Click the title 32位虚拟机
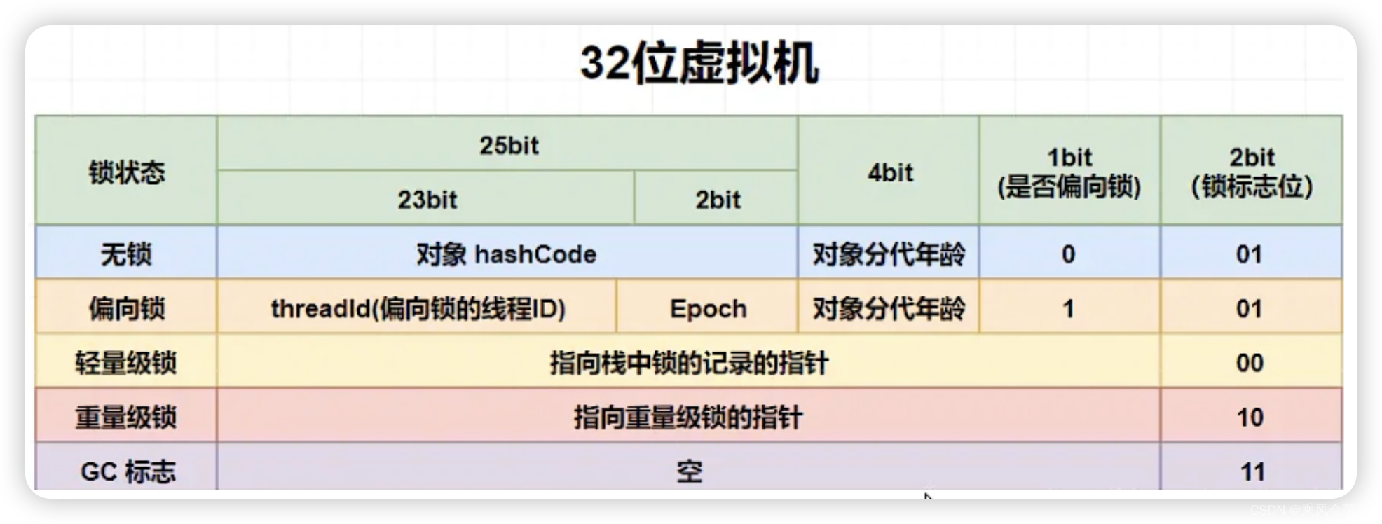click(699, 64)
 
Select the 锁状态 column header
click(126, 172)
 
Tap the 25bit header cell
click(509, 146)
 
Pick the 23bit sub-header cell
click(427, 200)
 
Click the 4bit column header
click(889, 172)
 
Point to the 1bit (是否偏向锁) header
click(1069, 172)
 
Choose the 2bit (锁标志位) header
click(1252, 172)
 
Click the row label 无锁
click(126, 254)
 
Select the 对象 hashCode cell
click(506, 254)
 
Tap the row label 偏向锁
click(126, 309)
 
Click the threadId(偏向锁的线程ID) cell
click(418, 309)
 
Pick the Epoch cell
click(708, 309)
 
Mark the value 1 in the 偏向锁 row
click(1068, 309)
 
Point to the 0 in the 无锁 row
click(1068, 254)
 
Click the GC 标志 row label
click(128, 471)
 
